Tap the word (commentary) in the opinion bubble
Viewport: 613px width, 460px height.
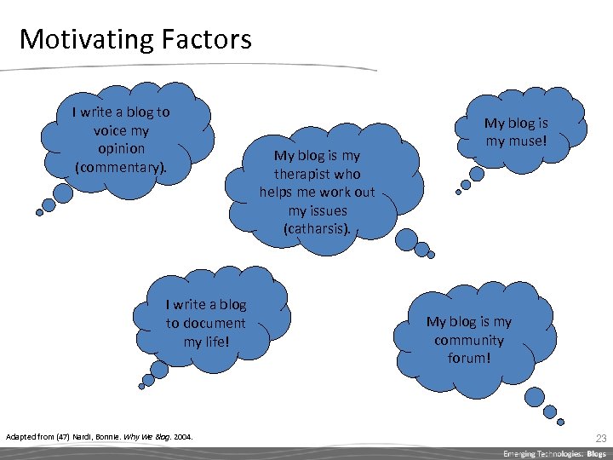coord(120,167)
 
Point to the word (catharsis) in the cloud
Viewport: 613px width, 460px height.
coord(317,228)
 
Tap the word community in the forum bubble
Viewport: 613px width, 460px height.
coord(468,340)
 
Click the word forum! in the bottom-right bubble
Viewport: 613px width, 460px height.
coord(469,358)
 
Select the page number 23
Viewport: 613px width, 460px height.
coord(600,438)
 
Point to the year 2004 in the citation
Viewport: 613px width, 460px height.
coord(183,438)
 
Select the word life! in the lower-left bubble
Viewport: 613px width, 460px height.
coord(207,341)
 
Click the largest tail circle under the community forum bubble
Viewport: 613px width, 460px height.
coord(535,396)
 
